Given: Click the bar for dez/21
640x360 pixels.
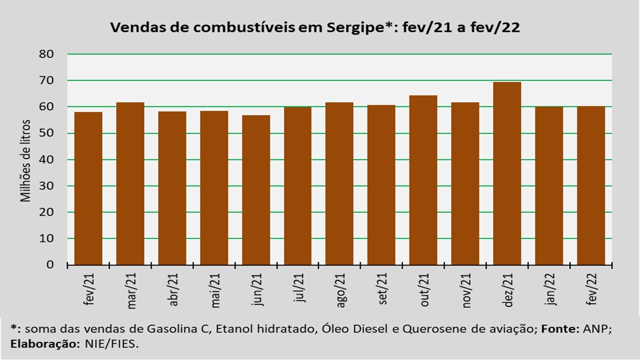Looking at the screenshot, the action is pyautogui.click(x=507, y=173).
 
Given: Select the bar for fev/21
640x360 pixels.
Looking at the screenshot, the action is pyautogui.click(x=88, y=188).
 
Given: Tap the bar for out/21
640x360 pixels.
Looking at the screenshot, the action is pyautogui.click(x=423, y=180).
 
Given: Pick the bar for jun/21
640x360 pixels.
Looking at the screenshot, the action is pyautogui.click(x=256, y=190).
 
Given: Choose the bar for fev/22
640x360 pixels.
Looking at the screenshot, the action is pyautogui.click(x=591, y=185).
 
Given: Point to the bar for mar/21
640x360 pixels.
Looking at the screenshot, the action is pyautogui.click(x=130, y=183).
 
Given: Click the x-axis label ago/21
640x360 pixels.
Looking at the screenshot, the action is pyautogui.click(x=340, y=290).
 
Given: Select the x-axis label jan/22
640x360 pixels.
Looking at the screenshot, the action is pyautogui.click(x=550, y=289).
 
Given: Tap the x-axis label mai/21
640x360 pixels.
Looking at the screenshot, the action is pyautogui.click(x=215, y=290).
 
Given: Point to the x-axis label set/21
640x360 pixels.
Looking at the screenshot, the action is pyautogui.click(x=382, y=289).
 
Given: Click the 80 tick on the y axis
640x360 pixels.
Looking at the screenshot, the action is pyautogui.click(x=46, y=54).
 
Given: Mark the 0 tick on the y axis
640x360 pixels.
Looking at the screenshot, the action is pyautogui.click(x=50, y=264).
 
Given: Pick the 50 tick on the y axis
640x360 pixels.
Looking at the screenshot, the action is pyautogui.click(x=46, y=133).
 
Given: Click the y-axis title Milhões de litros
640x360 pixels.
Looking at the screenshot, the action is pyautogui.click(x=25, y=161).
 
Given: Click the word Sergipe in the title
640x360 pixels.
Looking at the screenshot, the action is pyautogui.click(x=355, y=28).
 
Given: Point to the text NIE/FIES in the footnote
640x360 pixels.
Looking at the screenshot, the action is pyautogui.click(x=111, y=344).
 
